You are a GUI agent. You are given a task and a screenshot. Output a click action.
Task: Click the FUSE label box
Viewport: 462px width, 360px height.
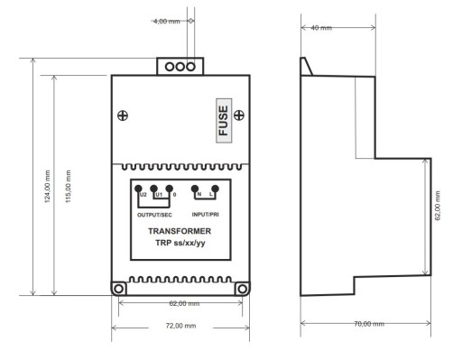224,121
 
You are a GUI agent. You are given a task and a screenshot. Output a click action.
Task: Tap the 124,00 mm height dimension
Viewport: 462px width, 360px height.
48,187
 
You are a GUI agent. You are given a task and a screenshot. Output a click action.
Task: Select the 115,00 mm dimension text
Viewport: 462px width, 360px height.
69,187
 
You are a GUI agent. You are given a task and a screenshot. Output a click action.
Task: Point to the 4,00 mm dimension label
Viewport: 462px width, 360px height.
167,22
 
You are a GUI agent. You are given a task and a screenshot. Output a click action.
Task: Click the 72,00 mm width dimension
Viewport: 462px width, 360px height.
180,326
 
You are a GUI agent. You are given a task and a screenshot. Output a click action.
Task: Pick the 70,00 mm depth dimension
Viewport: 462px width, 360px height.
369,324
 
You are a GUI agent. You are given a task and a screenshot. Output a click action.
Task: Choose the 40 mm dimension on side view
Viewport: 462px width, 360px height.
321,28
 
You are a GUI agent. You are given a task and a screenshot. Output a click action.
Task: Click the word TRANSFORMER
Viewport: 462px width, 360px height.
180,231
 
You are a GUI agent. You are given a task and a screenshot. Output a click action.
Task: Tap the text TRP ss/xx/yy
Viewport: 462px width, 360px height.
180,243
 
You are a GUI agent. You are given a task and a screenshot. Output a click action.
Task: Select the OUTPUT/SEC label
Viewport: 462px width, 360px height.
154,215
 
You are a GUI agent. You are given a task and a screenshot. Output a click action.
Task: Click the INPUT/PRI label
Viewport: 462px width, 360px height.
205,215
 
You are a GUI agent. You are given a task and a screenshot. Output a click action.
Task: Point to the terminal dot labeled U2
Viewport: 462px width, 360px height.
138,189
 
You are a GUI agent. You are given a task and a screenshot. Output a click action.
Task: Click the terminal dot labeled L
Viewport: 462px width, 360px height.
215,189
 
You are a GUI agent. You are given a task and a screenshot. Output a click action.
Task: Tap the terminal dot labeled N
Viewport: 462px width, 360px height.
195,189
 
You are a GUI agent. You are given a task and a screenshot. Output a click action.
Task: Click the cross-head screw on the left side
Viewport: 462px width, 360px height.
123,115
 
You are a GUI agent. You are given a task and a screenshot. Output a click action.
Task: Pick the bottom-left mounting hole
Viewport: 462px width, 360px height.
119,289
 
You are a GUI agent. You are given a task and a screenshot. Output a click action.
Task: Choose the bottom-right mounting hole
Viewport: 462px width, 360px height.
242,289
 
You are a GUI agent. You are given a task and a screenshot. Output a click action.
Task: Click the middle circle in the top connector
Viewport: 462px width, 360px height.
180,67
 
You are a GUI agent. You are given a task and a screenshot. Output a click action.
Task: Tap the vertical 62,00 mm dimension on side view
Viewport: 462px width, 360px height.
438,206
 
